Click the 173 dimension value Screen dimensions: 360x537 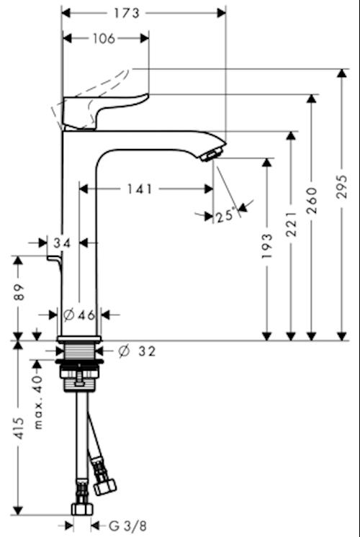click(127, 14)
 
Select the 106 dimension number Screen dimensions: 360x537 click(104, 38)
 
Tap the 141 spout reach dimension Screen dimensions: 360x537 click(140, 189)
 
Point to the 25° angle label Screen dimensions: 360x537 click(226, 216)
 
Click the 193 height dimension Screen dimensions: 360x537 click(266, 246)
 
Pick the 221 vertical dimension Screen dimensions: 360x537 click(290, 224)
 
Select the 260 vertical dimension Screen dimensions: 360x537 click(311, 201)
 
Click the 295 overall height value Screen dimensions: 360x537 click(341, 186)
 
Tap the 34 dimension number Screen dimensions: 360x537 click(63, 243)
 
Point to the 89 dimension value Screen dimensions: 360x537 click(19, 292)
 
